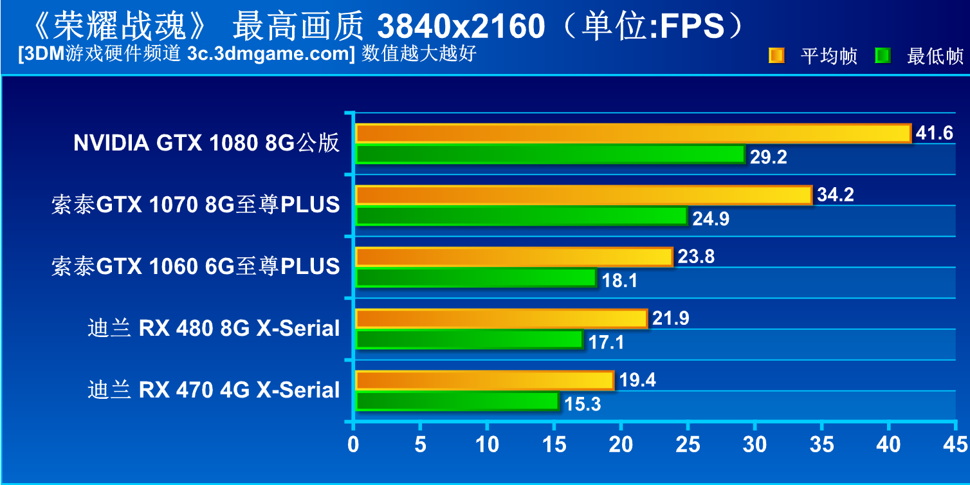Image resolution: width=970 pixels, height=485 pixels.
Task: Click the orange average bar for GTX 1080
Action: pyautogui.click(x=633, y=133)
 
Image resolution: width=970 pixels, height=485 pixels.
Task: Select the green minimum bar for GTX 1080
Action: pyautogui.click(x=550, y=154)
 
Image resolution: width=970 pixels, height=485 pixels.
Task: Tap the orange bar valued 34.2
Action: pyautogui.click(x=583, y=195)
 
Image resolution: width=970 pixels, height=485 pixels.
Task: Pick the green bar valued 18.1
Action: pyautogui.click(x=476, y=278)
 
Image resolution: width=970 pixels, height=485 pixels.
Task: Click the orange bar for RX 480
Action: pyautogui.click(x=501, y=318)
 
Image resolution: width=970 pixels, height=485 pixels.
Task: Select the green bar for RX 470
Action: pyautogui.click(x=457, y=401)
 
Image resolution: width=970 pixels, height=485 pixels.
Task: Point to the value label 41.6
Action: pyautogui.click(x=934, y=133)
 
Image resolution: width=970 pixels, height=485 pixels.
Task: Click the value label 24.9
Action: pyautogui.click(x=711, y=219)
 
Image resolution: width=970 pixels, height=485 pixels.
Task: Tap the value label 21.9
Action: pyautogui.click(x=670, y=318)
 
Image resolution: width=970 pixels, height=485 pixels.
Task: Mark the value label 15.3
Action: pyautogui.click(x=583, y=404)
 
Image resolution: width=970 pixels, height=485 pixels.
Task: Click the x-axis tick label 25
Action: pyautogui.click(x=688, y=444)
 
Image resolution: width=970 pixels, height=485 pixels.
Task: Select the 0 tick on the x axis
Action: pyautogui.click(x=353, y=444)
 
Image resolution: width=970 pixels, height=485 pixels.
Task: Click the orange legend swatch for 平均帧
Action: pyautogui.click(x=776, y=56)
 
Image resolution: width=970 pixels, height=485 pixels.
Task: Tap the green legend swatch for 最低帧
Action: pyautogui.click(x=883, y=56)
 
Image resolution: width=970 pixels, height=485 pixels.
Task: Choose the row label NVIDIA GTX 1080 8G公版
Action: pyautogui.click(x=206, y=143)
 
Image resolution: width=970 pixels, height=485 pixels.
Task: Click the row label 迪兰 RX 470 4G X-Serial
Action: pyautogui.click(x=214, y=390)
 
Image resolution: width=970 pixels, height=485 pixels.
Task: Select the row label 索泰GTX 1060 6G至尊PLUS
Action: pyautogui.click(x=196, y=266)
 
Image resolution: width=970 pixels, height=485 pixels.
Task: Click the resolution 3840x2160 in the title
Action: pyautogui.click(x=461, y=27)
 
